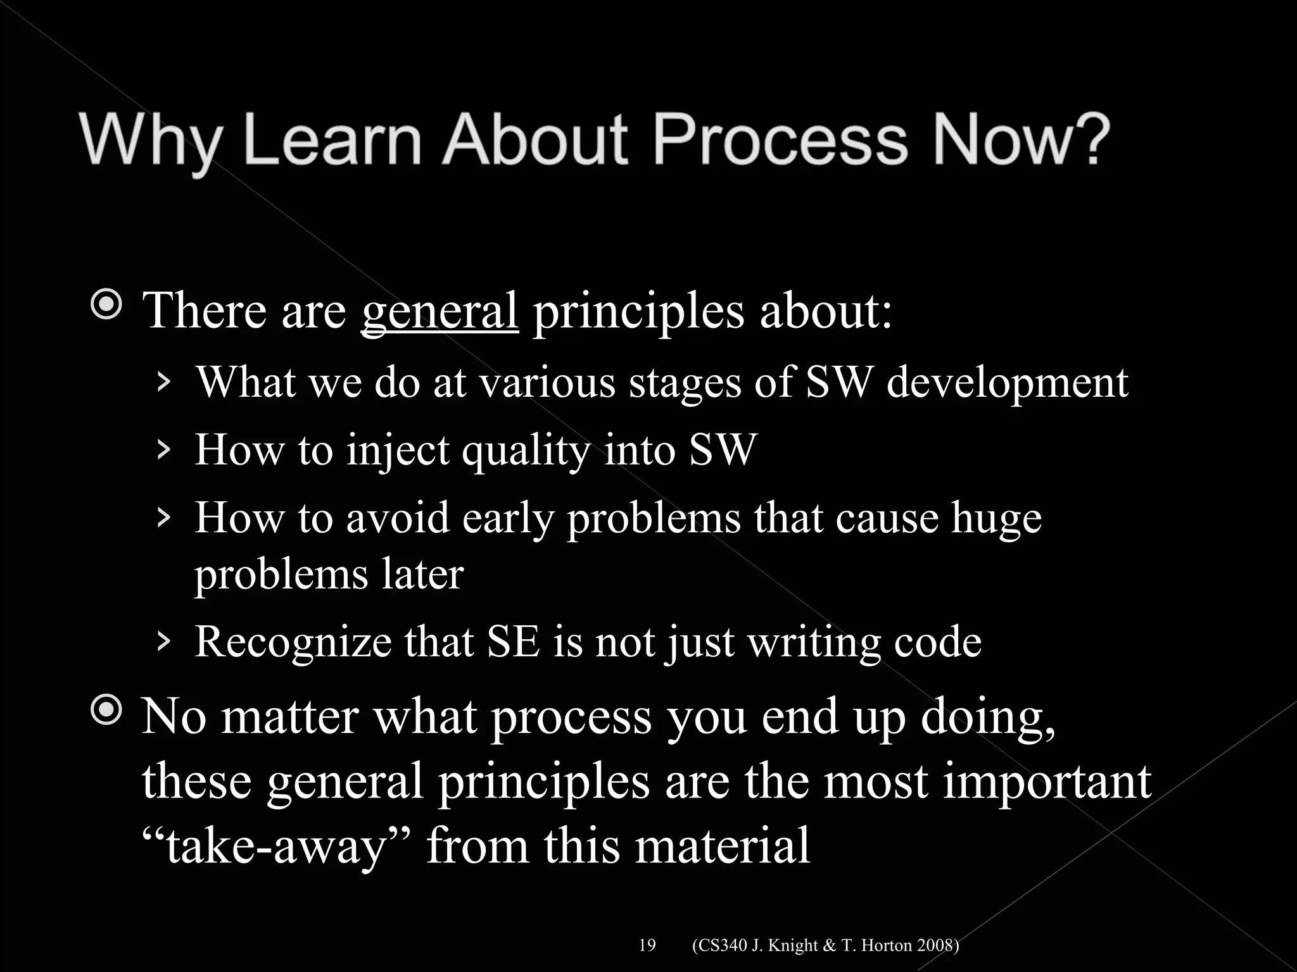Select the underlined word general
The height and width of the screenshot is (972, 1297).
pos(440,311)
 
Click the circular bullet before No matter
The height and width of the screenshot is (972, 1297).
pos(106,711)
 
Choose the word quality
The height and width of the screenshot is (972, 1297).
pos(526,451)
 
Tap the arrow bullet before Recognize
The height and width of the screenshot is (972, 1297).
pos(163,641)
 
